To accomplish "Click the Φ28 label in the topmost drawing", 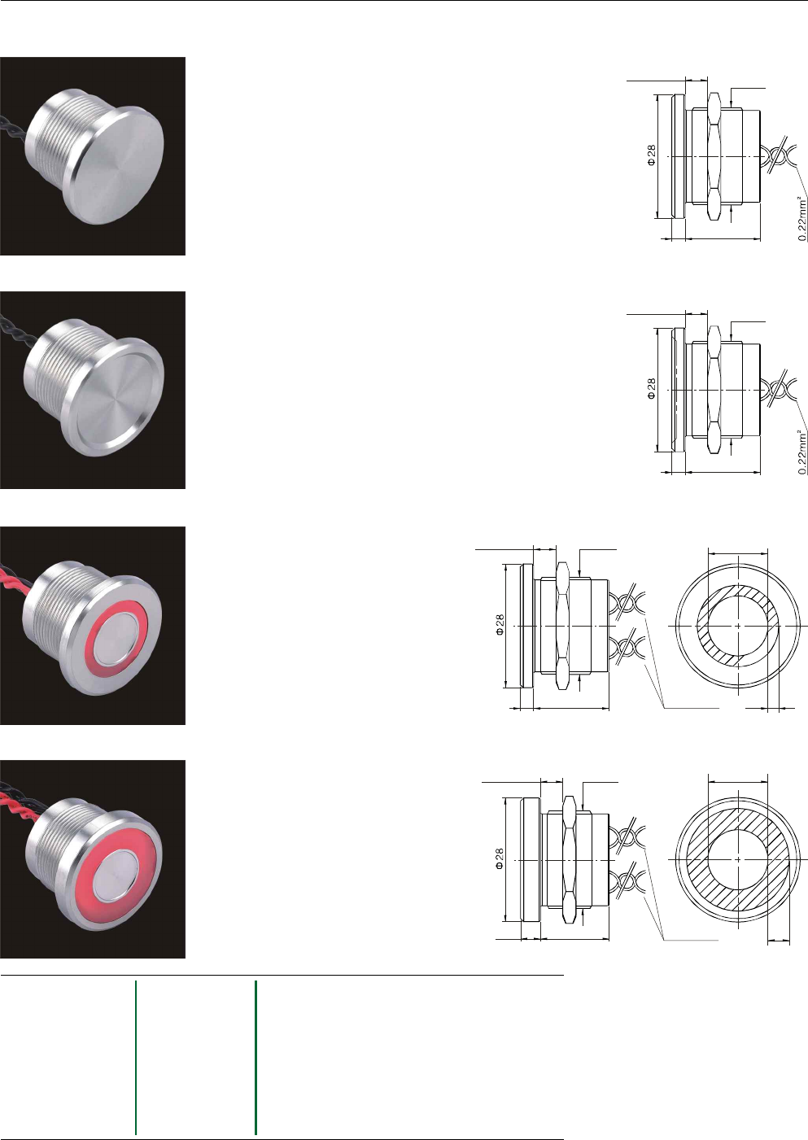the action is pyautogui.click(x=651, y=155).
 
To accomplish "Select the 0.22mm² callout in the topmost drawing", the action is pyautogui.click(x=802, y=219).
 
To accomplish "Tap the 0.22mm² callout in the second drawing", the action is pyautogui.click(x=802, y=452).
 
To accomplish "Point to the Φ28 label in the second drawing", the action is pyautogui.click(x=651, y=389).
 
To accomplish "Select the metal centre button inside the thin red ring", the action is pyautogui.click(x=118, y=640).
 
